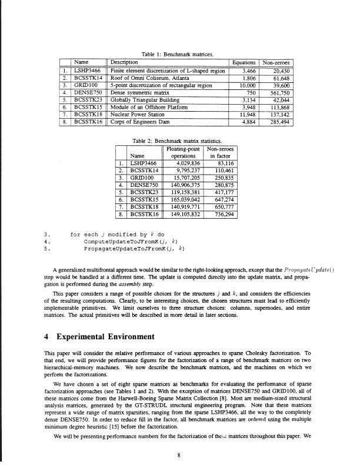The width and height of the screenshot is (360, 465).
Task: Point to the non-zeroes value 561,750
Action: [281, 92]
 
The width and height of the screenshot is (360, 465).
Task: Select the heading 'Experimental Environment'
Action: [107, 338]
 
